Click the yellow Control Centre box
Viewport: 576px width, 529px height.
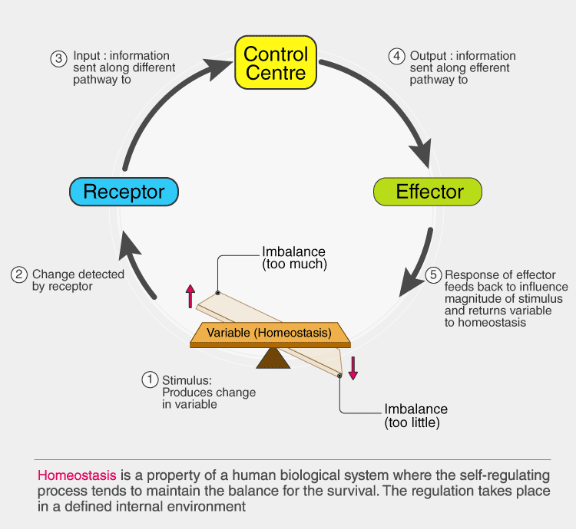click(x=275, y=64)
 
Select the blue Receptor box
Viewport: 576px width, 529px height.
click(x=124, y=191)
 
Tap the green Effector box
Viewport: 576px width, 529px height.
click(x=429, y=191)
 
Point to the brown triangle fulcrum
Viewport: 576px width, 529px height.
click(x=269, y=358)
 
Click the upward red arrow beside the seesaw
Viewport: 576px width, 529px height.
click(x=191, y=295)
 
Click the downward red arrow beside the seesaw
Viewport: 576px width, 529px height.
click(x=353, y=367)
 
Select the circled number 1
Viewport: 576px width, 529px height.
click(x=150, y=379)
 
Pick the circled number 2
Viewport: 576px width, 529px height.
click(x=19, y=274)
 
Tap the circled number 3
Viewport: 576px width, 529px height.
click(x=58, y=58)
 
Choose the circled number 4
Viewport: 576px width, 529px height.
click(x=396, y=56)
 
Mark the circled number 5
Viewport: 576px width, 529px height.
click(x=432, y=275)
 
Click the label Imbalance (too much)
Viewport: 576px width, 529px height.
click(x=294, y=258)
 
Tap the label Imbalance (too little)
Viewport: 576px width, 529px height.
click(x=415, y=415)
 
